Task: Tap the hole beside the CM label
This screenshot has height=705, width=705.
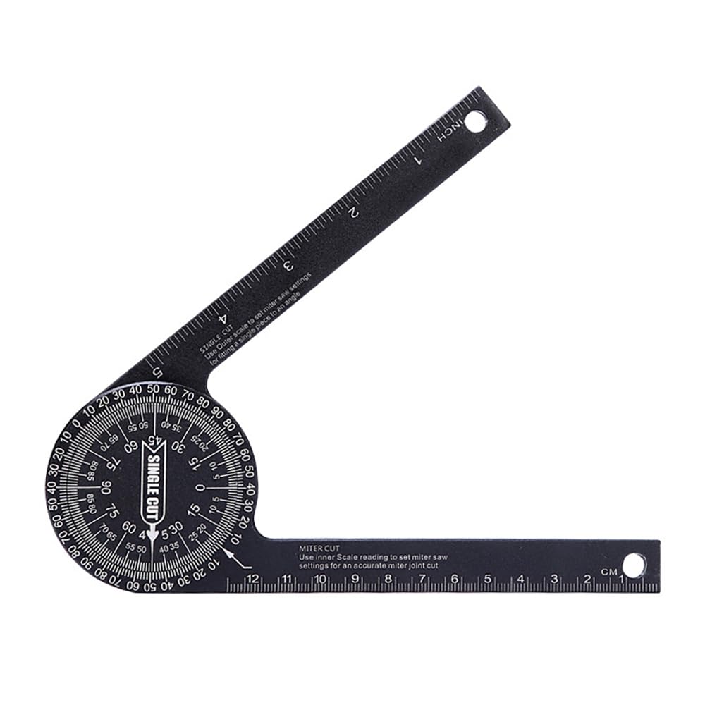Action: click(x=632, y=565)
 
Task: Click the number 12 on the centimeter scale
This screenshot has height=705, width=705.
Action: click(x=252, y=579)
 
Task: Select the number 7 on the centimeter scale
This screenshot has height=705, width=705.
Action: click(x=422, y=579)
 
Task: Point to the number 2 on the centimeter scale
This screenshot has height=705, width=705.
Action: click(x=587, y=580)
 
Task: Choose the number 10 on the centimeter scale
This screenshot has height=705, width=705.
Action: click(x=320, y=579)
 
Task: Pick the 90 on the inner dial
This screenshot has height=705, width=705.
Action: click(x=106, y=487)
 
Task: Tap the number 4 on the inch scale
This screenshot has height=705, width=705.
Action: click(x=222, y=319)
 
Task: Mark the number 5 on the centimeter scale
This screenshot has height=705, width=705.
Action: click(x=487, y=579)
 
